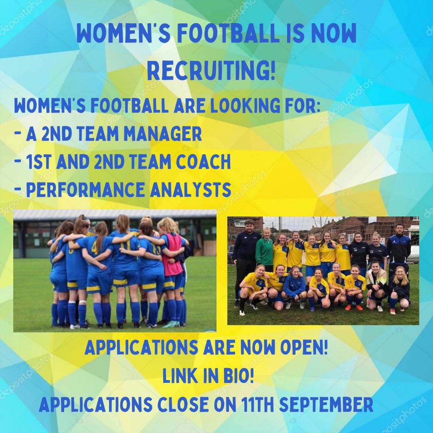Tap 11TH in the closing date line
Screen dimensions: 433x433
254,405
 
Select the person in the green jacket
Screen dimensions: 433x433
265,251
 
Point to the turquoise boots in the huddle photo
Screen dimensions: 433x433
170,324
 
